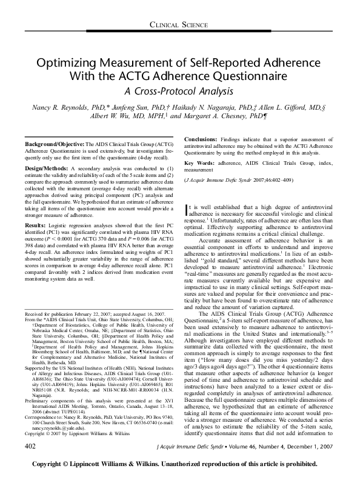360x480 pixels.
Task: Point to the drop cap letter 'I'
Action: click(x=185, y=210)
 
